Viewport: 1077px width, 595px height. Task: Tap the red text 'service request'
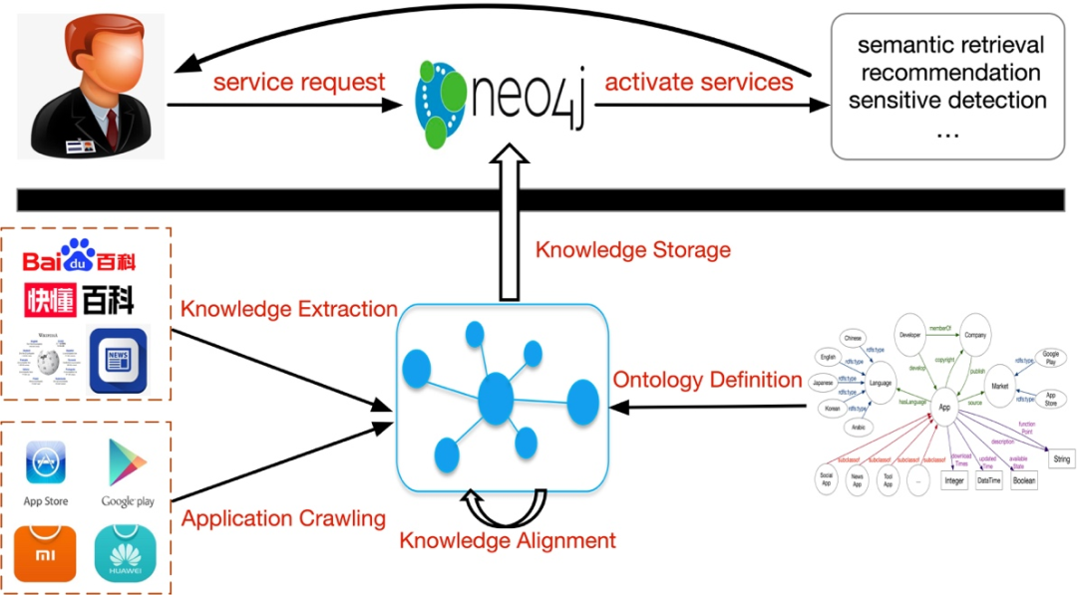click(299, 82)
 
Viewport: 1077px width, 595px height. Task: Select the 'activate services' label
click(699, 82)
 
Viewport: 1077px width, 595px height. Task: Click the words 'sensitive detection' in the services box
click(947, 100)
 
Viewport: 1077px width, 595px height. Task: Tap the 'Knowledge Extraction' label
click(289, 310)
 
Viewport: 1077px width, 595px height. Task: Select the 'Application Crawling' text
click(283, 518)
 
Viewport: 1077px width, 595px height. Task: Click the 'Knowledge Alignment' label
click(508, 540)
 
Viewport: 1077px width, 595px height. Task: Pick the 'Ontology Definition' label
click(707, 380)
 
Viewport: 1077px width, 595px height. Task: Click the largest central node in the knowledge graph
click(495, 398)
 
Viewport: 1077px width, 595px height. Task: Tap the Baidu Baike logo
click(80, 260)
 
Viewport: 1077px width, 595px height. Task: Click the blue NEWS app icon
click(118, 360)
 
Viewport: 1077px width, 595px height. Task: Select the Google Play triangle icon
click(128, 463)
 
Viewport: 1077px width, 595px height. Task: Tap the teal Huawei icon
click(127, 554)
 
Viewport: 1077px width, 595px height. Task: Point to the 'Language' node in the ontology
click(880, 384)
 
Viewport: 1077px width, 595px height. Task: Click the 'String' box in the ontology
click(1060, 459)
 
